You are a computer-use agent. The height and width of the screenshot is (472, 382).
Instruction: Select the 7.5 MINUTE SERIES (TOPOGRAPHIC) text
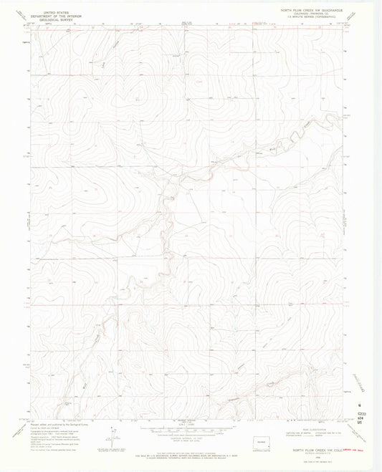(x=317, y=19)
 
